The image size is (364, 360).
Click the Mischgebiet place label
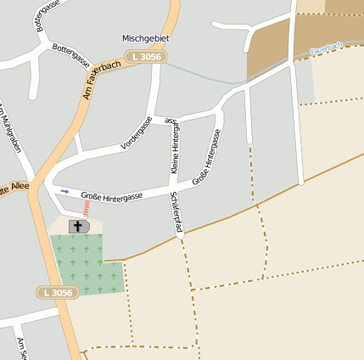tap(146, 38)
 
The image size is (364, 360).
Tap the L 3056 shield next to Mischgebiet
tap(146, 57)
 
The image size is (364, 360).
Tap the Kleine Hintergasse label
tap(176, 148)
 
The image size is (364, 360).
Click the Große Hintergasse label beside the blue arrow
tap(111, 196)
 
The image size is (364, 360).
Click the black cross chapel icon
tap(79, 226)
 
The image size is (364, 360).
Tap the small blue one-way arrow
tap(64, 191)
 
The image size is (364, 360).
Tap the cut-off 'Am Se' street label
tap(23, 347)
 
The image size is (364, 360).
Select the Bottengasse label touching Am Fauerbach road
tap(71, 56)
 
